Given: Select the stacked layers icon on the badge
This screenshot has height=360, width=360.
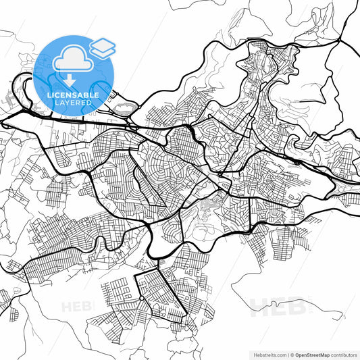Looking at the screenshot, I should pyautogui.click(x=103, y=47).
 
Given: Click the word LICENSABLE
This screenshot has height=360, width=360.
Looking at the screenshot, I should pyautogui.click(x=74, y=95).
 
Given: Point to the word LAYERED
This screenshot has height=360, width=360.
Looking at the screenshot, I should pyautogui.click(x=74, y=103).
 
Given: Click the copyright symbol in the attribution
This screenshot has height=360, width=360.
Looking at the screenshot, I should pyautogui.click(x=291, y=354).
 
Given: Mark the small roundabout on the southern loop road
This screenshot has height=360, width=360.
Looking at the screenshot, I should pyautogui.click(x=140, y=297).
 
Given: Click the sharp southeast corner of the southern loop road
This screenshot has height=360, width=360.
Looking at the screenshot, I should pyautogui.click(x=186, y=317).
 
